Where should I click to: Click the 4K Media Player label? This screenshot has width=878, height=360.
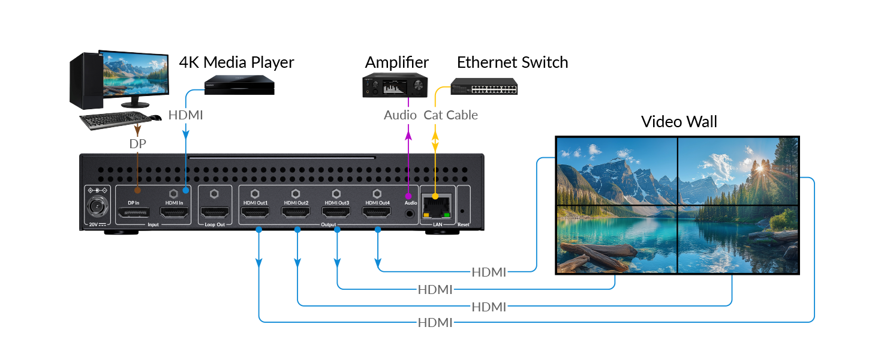point(236,62)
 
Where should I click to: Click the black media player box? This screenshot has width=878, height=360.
point(239,85)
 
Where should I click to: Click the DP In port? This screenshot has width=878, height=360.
point(134,212)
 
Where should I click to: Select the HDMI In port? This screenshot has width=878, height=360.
point(175,212)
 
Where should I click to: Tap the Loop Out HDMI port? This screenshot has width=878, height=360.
point(214,212)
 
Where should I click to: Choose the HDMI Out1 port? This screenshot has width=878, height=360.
point(255,212)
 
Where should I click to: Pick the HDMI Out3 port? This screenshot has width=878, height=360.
point(336,212)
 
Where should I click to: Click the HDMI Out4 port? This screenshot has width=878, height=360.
point(377,212)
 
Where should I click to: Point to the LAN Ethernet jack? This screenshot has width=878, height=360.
point(436,207)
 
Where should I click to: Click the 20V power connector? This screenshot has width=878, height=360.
point(96,208)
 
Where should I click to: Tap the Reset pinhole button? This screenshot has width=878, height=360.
point(463,211)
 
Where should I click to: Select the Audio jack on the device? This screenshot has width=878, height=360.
point(410,212)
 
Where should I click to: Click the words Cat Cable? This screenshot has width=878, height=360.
point(450,115)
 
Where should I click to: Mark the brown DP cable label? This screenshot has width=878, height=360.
point(138,144)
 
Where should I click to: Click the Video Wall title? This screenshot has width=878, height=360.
point(679,122)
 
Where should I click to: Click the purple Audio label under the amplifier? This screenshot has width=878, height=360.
point(400,115)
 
